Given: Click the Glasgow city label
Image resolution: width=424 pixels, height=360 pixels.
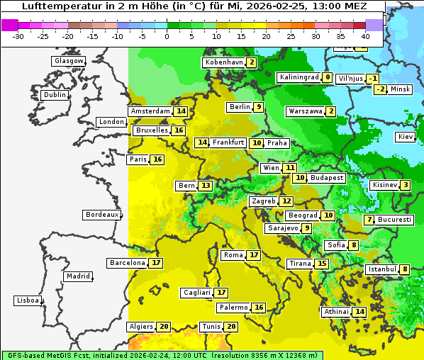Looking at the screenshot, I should [69, 61].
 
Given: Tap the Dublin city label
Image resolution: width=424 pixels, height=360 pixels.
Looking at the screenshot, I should [55, 95].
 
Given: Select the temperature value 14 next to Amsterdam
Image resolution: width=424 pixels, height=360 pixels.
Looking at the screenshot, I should [181, 111].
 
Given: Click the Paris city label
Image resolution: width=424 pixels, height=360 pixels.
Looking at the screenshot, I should [138, 159].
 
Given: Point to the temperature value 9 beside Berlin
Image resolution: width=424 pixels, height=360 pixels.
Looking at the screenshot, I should [260, 107].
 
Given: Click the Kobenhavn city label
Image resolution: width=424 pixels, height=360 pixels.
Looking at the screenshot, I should [223, 62].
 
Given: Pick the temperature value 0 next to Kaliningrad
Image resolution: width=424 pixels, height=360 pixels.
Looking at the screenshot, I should [327, 77].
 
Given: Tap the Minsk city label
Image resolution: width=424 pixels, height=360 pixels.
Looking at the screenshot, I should [401, 89].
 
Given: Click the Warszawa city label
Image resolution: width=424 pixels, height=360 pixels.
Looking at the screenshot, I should [305, 111].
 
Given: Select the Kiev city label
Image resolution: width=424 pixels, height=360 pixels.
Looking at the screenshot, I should [406, 137].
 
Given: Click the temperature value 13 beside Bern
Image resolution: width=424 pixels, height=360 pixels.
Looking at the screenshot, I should [206, 186].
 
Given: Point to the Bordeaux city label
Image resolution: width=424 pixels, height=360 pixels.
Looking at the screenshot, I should [102, 215].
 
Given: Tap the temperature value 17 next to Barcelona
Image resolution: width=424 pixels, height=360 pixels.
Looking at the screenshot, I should [156, 263].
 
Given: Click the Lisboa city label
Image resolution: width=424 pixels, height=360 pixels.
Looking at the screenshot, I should [28, 300].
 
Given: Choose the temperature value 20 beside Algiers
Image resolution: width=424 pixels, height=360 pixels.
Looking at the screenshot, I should [164, 327].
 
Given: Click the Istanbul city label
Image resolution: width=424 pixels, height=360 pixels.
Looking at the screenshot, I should [381, 269].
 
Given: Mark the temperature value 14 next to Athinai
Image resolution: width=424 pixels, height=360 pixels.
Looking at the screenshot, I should [360, 312].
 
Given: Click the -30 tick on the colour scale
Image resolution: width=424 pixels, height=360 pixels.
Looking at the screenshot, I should [18, 35].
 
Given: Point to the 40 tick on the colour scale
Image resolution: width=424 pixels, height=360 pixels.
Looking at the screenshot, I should [365, 35].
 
